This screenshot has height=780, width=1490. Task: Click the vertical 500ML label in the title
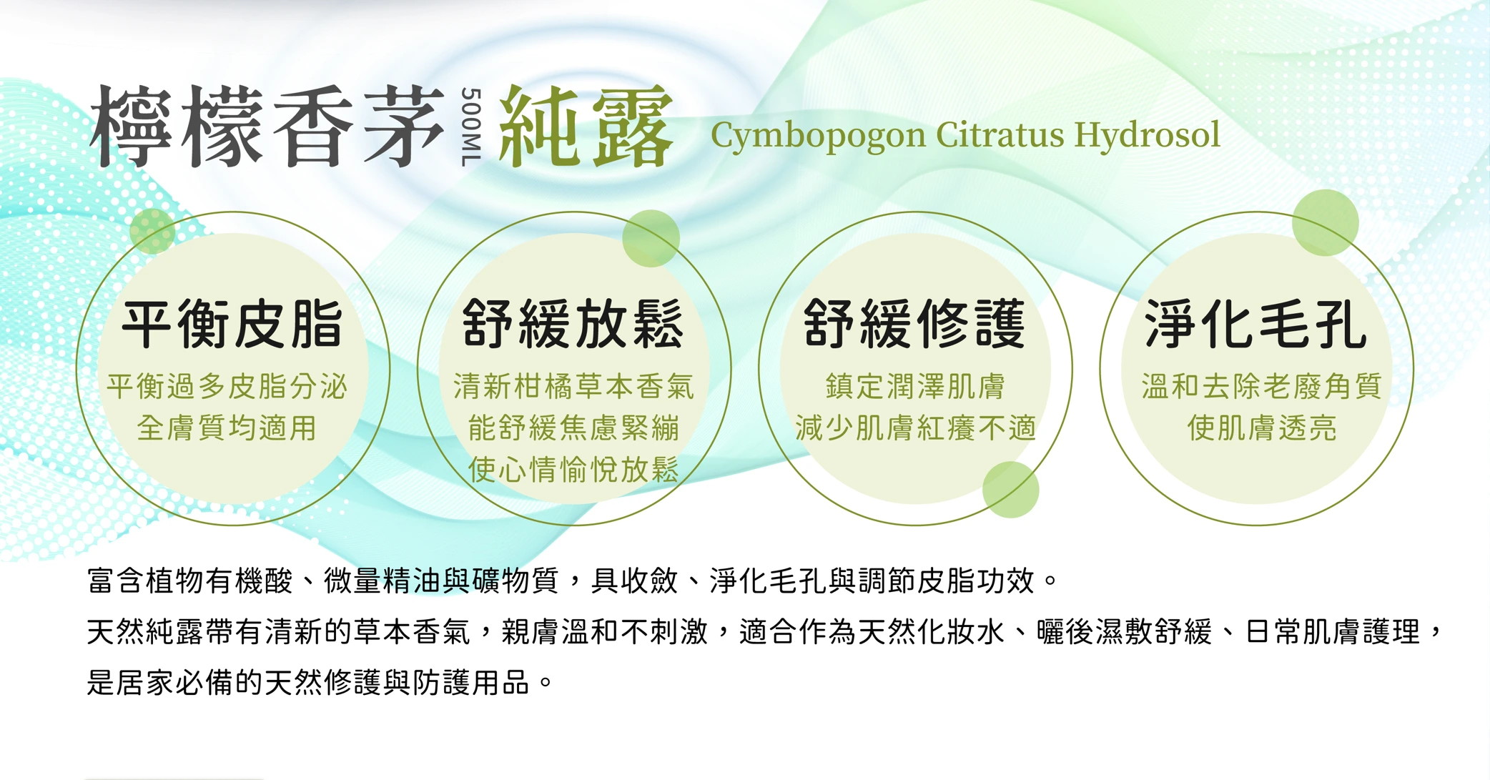click(470, 127)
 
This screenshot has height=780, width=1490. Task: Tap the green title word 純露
click(586, 127)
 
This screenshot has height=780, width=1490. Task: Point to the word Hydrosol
click(1147, 135)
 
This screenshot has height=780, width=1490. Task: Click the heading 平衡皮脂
click(233, 325)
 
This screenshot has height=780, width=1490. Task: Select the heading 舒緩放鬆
click(573, 325)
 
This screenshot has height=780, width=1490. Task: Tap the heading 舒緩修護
click(915, 325)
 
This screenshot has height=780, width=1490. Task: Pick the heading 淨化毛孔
click(1256, 325)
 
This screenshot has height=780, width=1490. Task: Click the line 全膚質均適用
click(227, 428)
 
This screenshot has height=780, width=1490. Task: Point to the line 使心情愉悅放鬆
click(573, 470)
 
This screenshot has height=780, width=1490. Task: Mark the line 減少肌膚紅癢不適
click(915, 428)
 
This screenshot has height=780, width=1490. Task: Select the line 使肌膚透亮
click(1262, 428)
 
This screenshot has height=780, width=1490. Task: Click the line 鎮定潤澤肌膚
click(915, 386)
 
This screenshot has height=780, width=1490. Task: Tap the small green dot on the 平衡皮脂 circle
click(152, 231)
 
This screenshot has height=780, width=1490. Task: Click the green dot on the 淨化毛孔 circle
click(1326, 222)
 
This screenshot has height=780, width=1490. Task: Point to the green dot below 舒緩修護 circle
click(1011, 490)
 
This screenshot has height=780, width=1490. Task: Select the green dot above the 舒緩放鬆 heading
click(651, 238)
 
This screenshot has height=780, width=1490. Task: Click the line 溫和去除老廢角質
click(1262, 386)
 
